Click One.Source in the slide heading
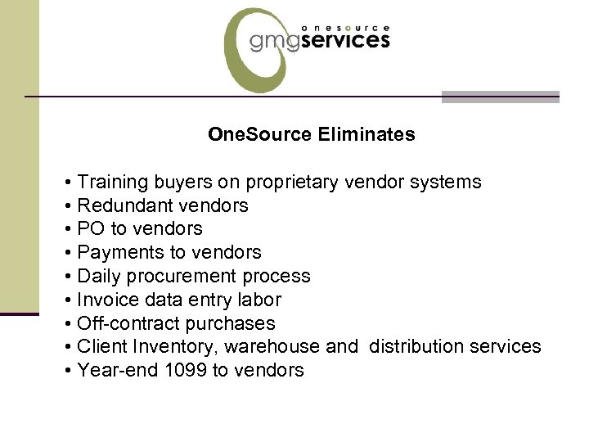[259, 134]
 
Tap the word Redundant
[121, 205]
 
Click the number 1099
[186, 370]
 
